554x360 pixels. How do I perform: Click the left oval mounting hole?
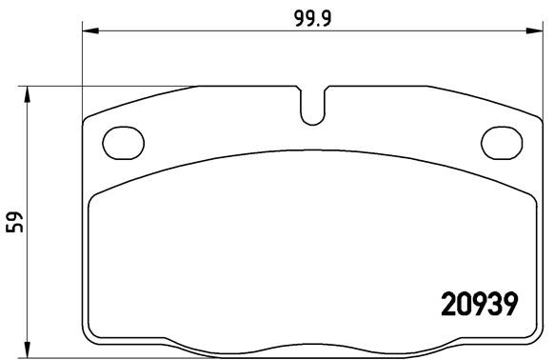point(121,143)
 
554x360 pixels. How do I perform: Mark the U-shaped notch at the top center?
point(311,106)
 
